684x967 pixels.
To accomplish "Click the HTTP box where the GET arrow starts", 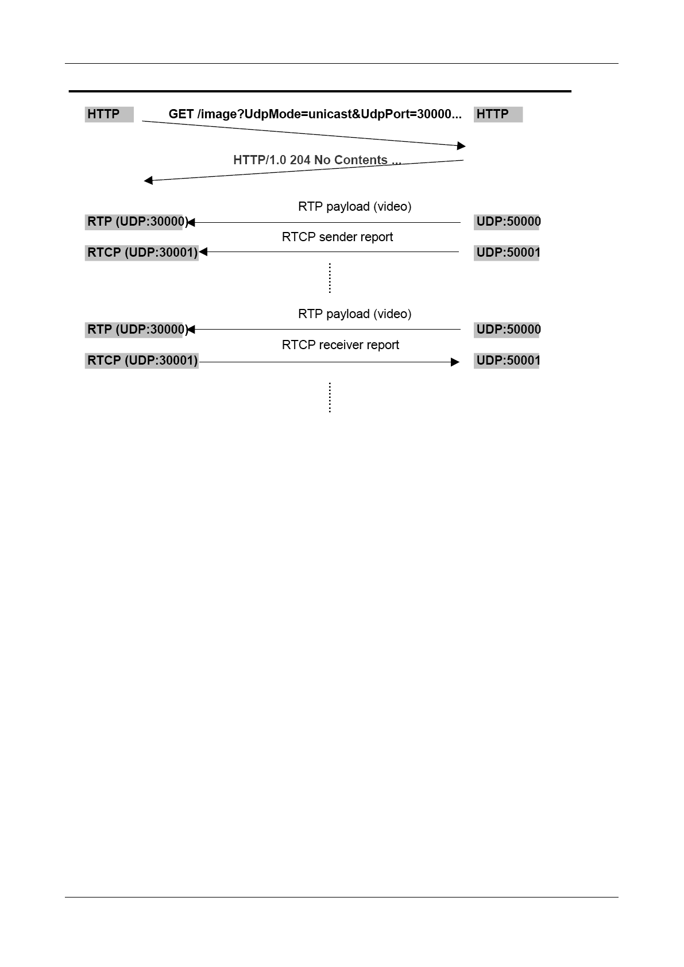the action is click(109, 114).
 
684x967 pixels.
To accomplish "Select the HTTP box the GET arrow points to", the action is click(497, 114).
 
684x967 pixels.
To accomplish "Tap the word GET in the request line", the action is click(181, 114).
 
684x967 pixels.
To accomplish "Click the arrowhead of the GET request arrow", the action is click(461, 146).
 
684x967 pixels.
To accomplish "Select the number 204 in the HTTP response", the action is click(300, 160).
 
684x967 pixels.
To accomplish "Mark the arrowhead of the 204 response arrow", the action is click(148, 181).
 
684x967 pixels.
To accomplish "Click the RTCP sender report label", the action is click(337, 237).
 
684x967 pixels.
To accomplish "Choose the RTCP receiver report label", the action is click(340, 345).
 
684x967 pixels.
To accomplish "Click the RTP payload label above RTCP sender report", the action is click(354, 207).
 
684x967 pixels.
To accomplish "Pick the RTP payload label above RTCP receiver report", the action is click(354, 314).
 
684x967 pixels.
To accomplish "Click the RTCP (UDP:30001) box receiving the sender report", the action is click(142, 253).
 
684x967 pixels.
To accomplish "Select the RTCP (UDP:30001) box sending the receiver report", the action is click(142, 361).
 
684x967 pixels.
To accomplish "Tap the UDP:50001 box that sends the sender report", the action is click(507, 253).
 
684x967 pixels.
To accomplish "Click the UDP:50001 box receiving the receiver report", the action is click(507, 361).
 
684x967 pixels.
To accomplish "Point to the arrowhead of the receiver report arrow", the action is click(455, 362).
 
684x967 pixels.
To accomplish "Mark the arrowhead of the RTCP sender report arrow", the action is click(203, 252).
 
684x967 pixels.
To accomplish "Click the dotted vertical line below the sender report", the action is click(330, 278).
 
